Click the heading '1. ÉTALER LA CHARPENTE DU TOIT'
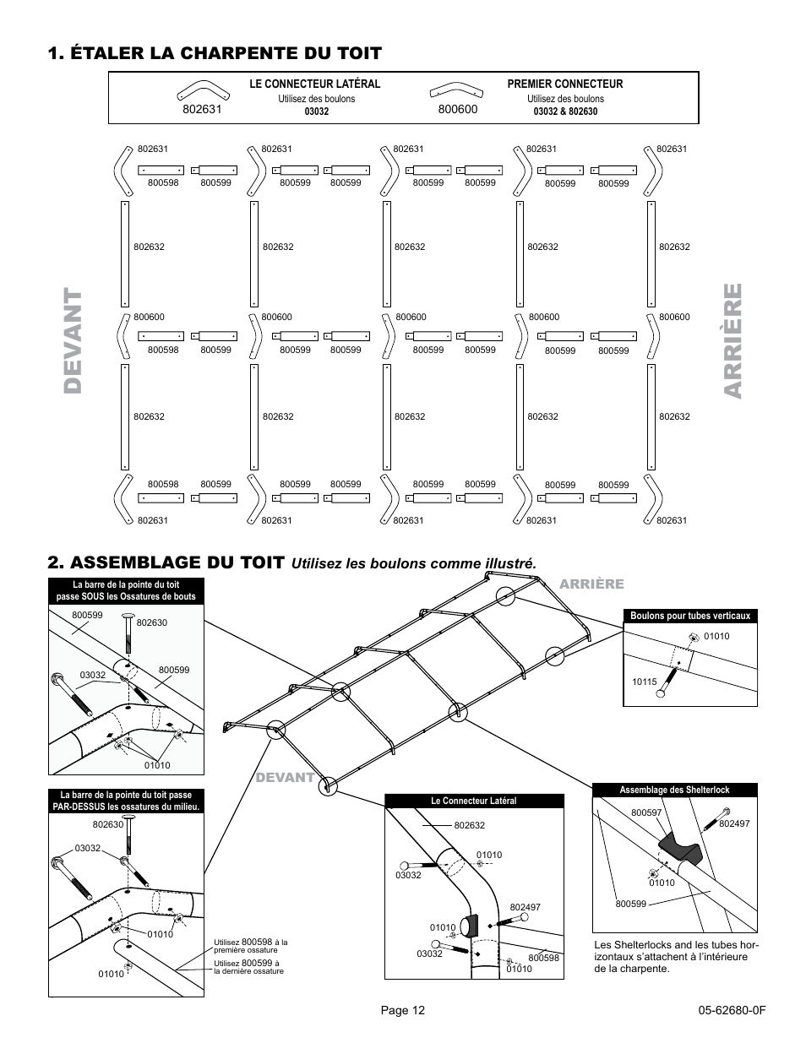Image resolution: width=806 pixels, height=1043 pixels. [215, 52]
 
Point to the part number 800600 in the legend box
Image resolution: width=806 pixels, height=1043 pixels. [457, 109]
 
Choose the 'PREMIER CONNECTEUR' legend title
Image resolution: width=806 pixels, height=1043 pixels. [564, 84]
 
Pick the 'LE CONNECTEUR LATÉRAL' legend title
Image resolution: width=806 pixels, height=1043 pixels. [314, 84]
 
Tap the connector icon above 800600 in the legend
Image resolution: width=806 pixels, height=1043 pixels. [454, 90]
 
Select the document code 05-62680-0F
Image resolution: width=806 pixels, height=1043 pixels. [732, 1010]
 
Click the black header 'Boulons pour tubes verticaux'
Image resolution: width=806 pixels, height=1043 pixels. [689, 616]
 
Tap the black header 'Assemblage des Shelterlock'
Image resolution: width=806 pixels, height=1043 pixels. [674, 790]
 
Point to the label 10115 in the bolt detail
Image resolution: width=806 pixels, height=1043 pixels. [644, 679]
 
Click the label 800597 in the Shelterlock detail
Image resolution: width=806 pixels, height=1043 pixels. [645, 812]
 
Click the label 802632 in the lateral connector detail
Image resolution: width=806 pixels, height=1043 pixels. [469, 825]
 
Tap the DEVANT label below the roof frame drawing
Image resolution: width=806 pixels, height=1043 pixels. [285, 777]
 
